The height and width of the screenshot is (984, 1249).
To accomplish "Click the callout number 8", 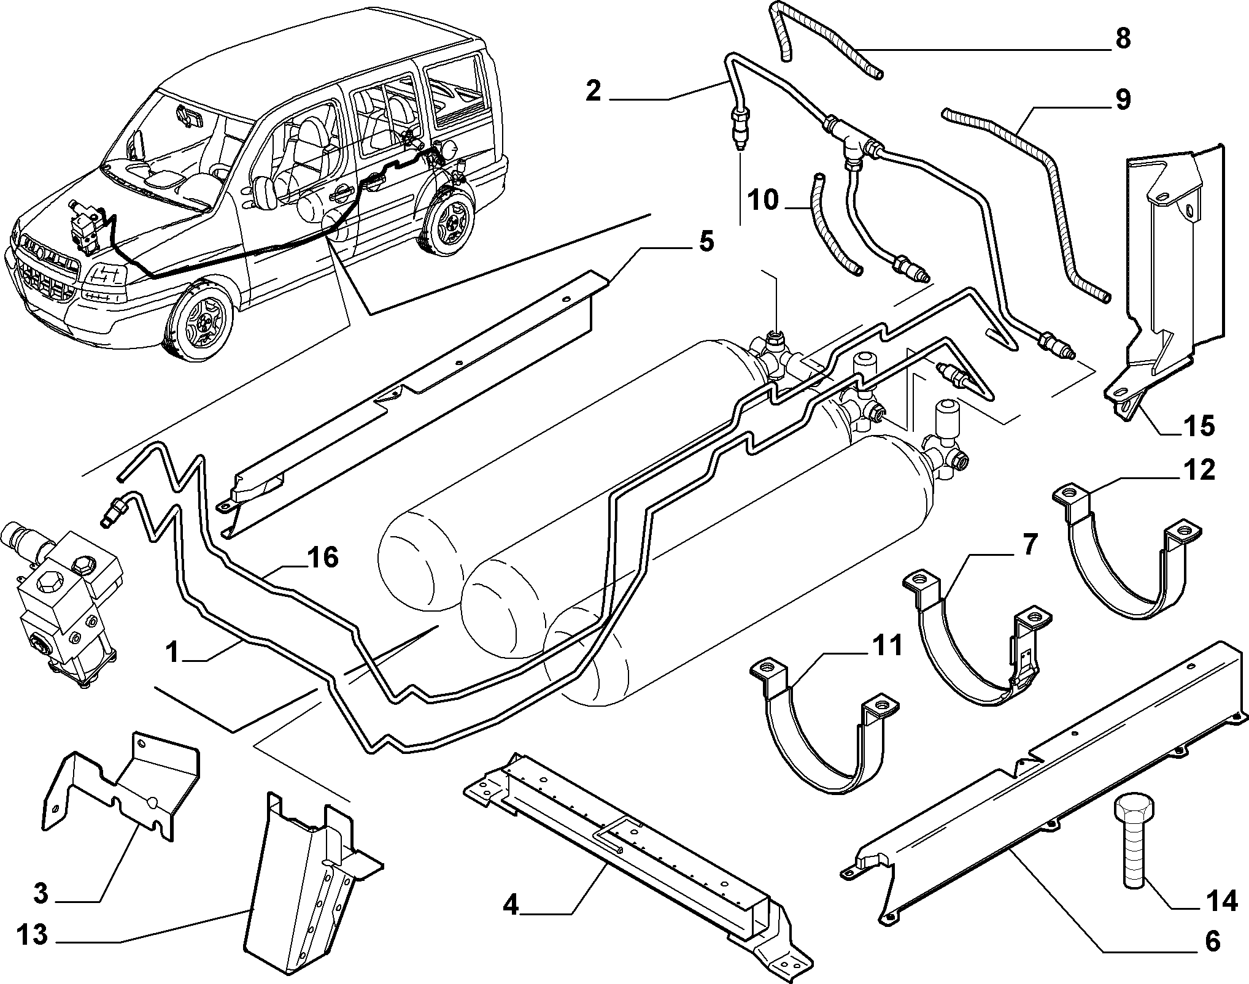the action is point(1121,39).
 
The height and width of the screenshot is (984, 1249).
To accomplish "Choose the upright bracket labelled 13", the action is point(307,883).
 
